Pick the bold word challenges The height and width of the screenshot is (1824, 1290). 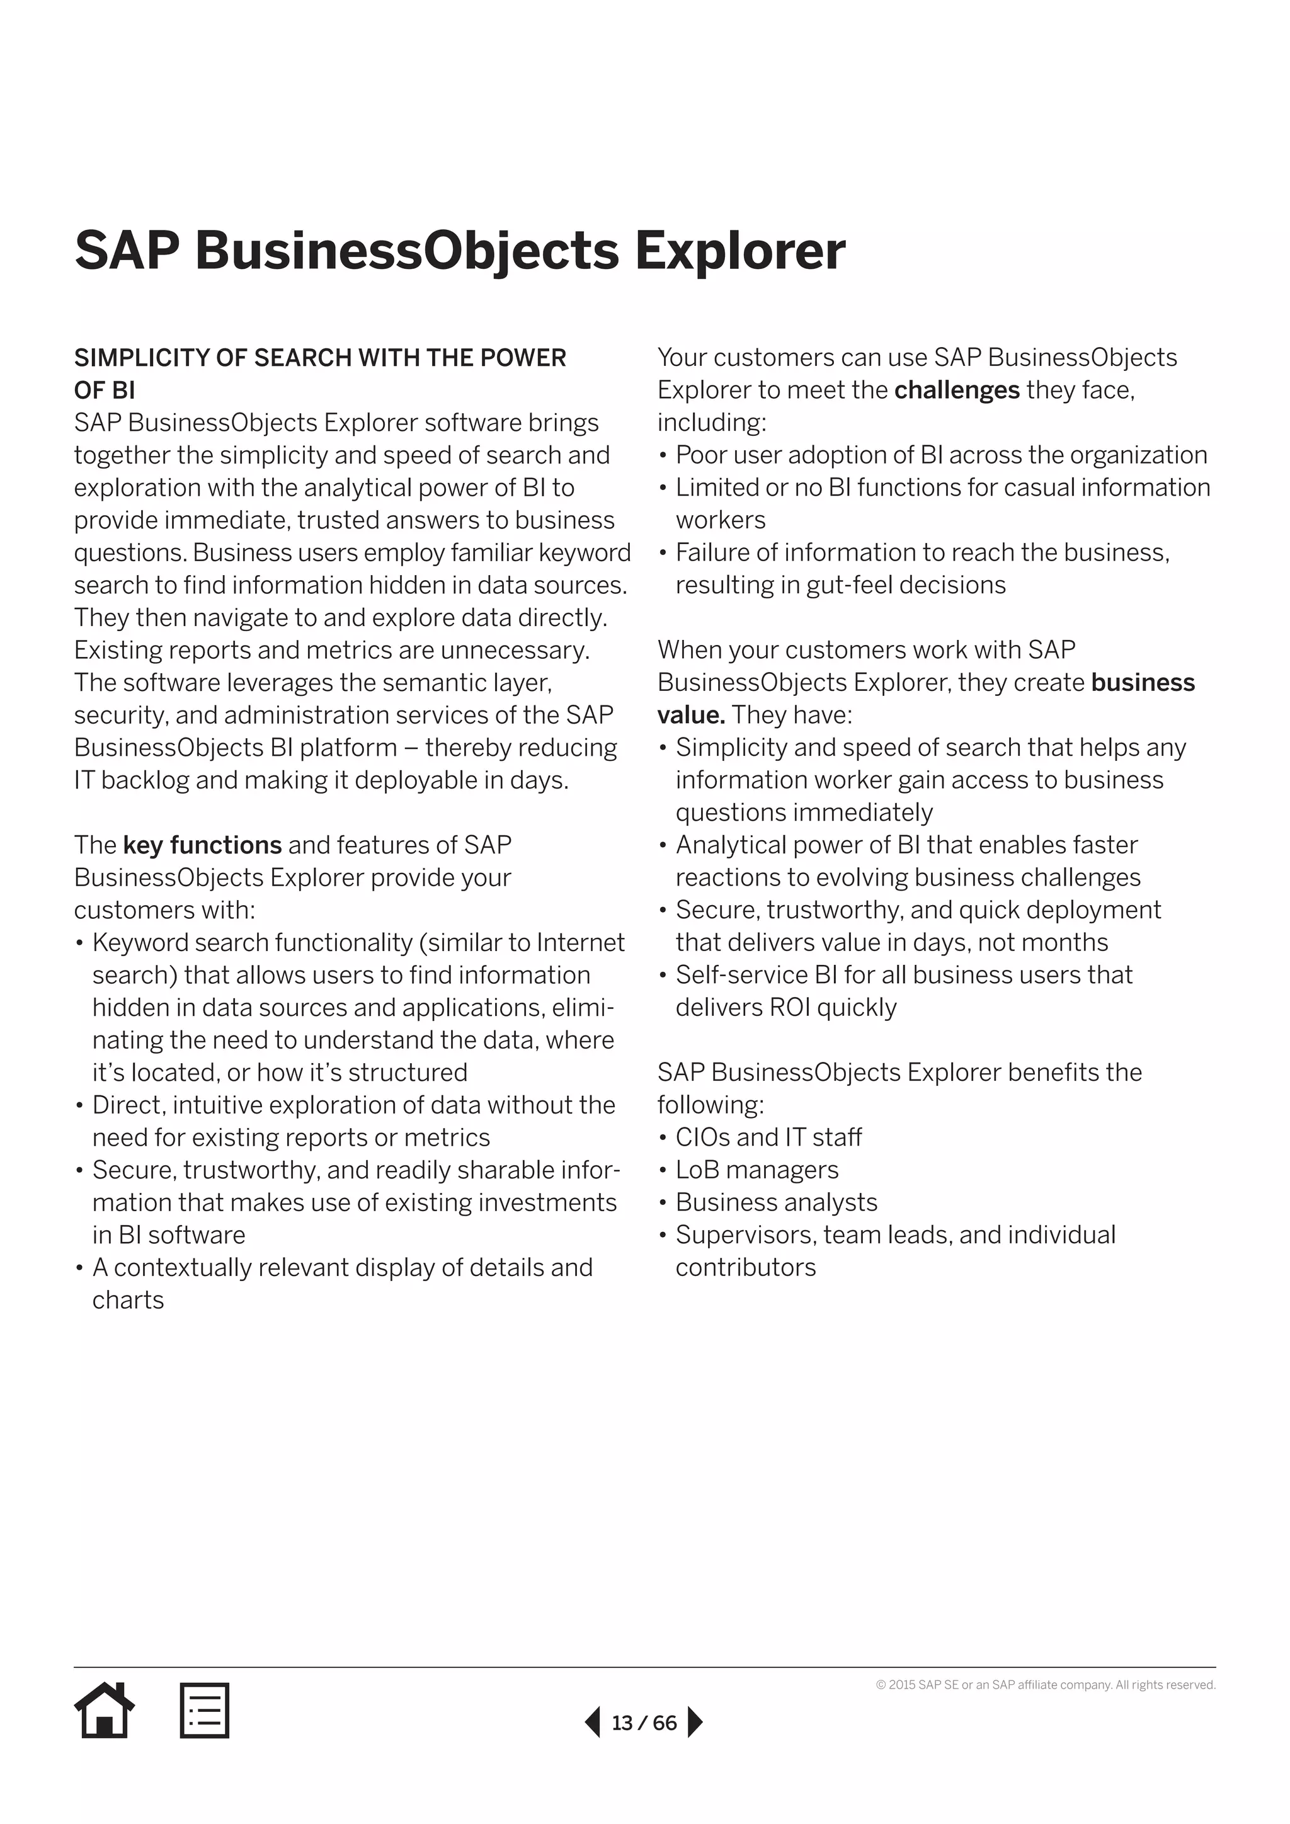coord(956,390)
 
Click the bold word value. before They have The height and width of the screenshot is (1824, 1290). coord(690,715)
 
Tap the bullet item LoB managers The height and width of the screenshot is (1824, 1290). coord(756,1170)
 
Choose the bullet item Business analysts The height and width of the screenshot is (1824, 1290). coord(776,1202)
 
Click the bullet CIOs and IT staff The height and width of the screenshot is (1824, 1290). coord(768,1137)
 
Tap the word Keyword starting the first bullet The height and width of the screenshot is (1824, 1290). coord(140,942)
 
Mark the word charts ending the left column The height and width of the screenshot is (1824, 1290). coord(128,1300)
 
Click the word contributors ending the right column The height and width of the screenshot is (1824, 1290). coord(745,1267)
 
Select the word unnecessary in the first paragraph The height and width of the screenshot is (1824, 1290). coord(514,651)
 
